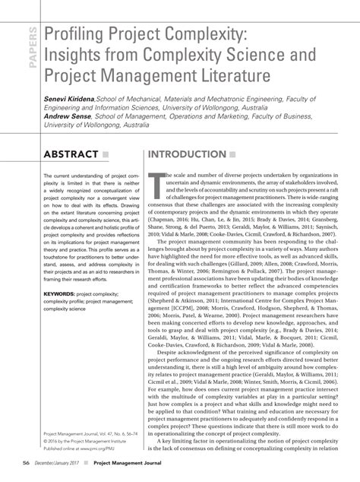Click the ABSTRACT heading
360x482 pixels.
71,155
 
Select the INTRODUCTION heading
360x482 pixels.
187,155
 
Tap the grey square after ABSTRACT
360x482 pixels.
106,155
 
